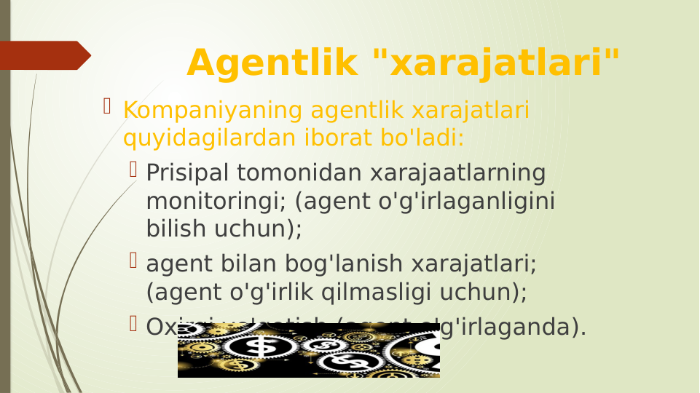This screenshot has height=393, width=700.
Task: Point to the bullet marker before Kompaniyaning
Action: click(107, 108)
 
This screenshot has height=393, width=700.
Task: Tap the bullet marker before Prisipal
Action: click(133, 170)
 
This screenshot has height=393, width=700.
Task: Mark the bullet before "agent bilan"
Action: click(133, 260)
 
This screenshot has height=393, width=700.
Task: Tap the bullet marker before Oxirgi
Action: click(133, 323)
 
